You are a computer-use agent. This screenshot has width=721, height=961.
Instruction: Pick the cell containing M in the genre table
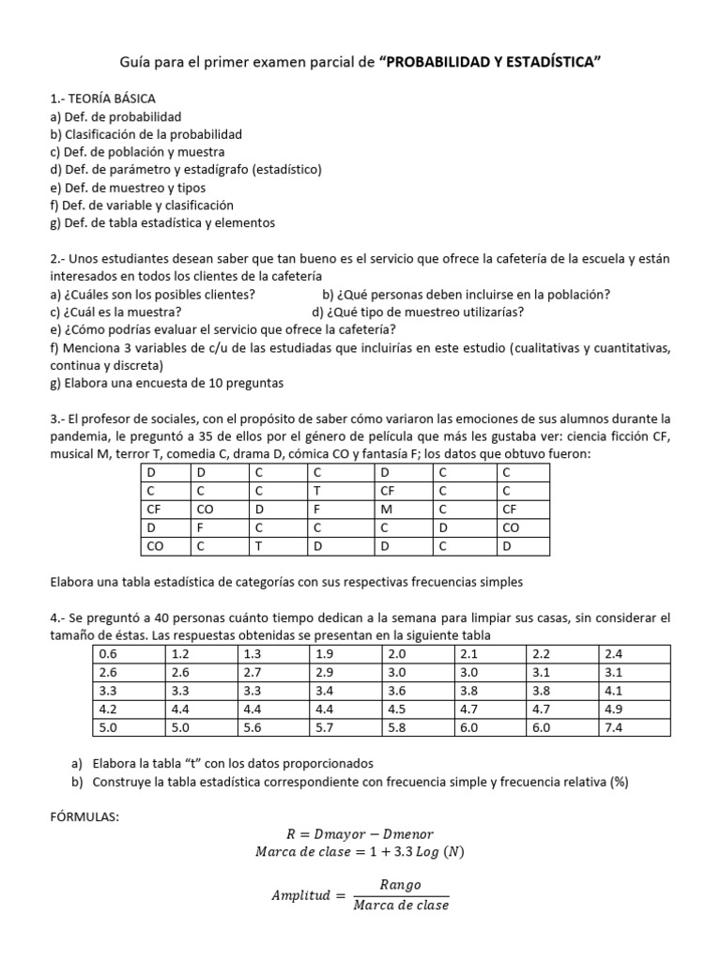pyautogui.click(x=385, y=509)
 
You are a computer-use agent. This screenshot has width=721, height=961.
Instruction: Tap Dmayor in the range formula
pyautogui.click(x=339, y=833)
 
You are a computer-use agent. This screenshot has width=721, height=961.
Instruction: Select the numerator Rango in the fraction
pyautogui.click(x=401, y=884)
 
